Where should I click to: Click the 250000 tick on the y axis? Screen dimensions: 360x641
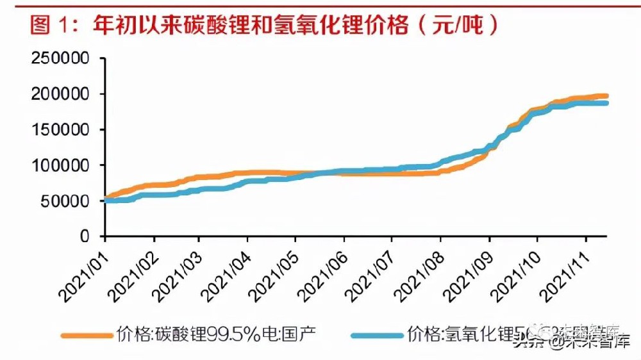point(63,59)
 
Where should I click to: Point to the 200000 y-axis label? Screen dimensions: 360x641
point(63,94)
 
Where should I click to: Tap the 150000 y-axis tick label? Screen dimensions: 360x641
point(63,130)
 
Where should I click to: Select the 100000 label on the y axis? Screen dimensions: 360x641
point(63,166)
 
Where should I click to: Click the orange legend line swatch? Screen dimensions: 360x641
point(87,334)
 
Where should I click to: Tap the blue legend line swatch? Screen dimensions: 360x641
point(378,334)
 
